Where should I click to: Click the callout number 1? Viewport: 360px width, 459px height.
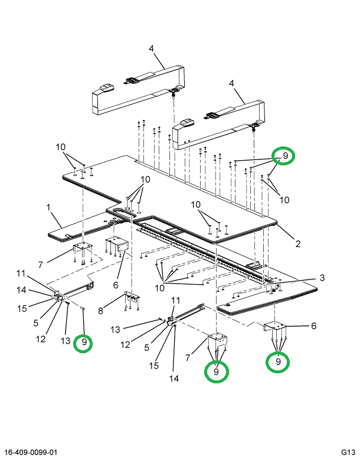pos(49,207)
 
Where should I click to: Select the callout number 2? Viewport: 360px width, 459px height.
pos(298,243)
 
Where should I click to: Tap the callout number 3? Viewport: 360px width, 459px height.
pos(322,277)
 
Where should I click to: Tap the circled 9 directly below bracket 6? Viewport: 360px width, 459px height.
pos(278,361)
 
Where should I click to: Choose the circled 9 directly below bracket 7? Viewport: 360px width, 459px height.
pos(216,372)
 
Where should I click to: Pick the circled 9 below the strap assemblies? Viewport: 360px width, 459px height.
pos(284,155)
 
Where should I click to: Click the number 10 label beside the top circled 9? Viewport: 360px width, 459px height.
pos(284,200)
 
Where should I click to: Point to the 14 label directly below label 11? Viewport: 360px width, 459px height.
pos(21,289)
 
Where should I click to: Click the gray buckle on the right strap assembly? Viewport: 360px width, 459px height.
pos(187,122)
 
